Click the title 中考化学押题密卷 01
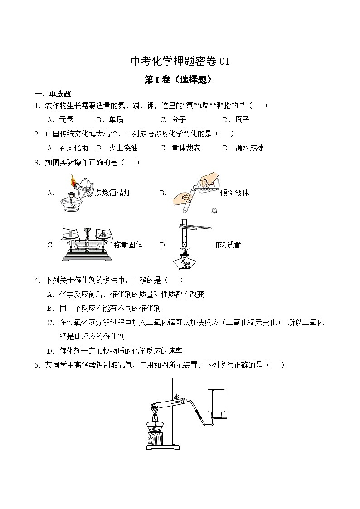point(180,61)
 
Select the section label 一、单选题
point(53,94)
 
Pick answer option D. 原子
point(236,120)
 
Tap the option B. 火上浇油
point(117,148)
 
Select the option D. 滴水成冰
point(243,148)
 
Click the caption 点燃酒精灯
point(112,193)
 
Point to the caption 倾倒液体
point(234,193)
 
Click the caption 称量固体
point(128,245)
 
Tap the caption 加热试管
point(226,245)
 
